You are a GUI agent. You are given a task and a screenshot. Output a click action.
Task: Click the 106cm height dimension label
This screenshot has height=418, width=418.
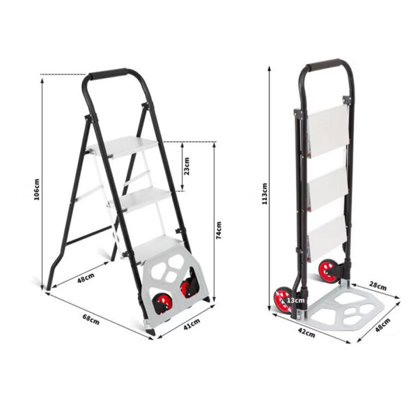pos(37,189)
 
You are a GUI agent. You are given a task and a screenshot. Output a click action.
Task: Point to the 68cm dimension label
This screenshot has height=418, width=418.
pos(91,319)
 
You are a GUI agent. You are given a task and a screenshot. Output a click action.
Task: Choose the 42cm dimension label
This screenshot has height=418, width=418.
pos(304,332)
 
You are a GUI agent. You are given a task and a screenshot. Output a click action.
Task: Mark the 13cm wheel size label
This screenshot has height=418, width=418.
pos(297,301)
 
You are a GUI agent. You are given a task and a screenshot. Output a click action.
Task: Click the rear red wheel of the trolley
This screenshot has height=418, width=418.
pos(327,270)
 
